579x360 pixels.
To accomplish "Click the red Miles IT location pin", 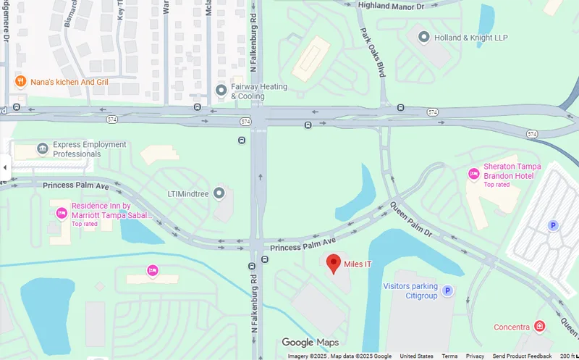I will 334,263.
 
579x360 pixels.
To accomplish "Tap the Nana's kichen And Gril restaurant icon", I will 21,81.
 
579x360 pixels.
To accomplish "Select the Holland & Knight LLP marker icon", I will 423,36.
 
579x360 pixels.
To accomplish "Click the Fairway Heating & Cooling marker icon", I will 221,91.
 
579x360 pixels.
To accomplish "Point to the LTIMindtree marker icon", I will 219,193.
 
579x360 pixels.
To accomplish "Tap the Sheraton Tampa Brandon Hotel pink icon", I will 474,173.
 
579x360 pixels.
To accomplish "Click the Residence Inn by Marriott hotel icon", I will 62,213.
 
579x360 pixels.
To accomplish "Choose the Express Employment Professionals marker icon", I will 43,148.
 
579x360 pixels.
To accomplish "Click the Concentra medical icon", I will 539,327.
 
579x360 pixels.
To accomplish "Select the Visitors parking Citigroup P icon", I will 447,290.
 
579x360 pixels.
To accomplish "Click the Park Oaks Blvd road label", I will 373,53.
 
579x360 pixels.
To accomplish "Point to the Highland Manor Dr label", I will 391,6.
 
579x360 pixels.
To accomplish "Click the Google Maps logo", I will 310,343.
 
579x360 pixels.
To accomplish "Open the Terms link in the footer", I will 449,356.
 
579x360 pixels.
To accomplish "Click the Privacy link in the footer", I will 475,356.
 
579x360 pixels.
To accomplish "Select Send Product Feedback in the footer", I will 522,356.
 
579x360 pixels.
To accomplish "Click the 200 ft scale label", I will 567,356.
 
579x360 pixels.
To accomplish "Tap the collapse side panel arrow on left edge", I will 5,167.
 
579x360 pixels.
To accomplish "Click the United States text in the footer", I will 416,356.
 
